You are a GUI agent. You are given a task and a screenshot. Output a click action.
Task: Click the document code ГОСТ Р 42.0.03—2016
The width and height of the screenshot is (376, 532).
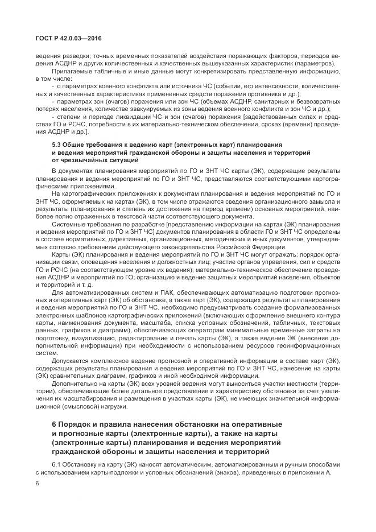click(x=68, y=39)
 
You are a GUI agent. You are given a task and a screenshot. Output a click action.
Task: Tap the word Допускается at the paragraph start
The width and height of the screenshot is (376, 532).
click(x=69, y=361)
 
